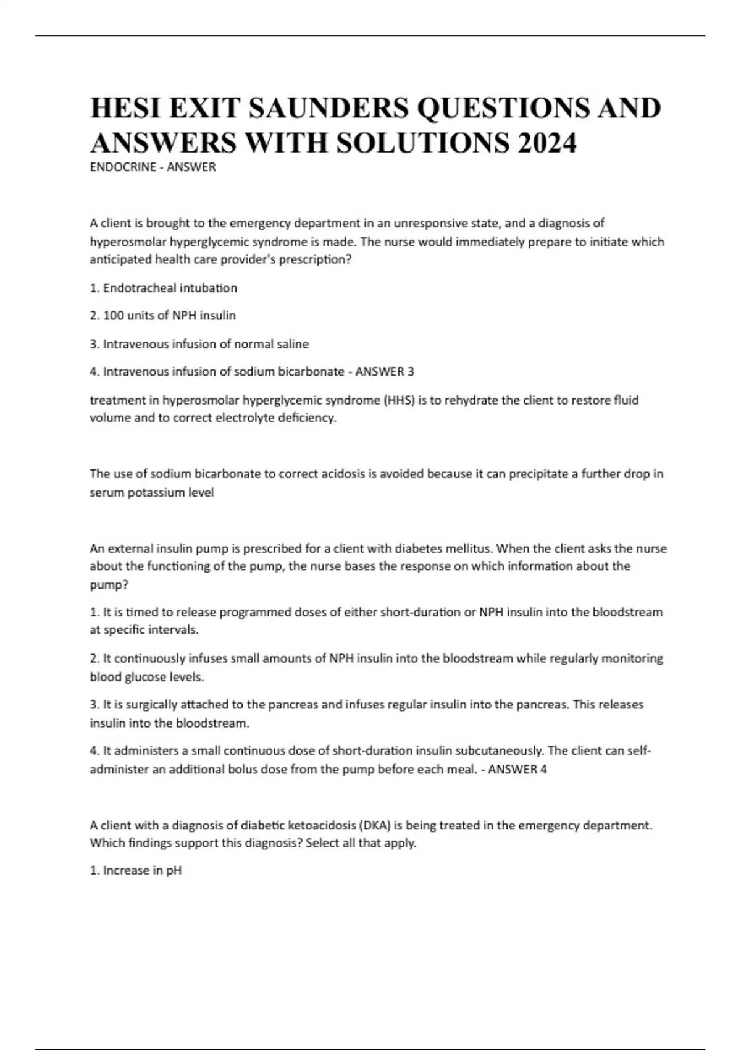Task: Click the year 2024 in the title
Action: coord(547,143)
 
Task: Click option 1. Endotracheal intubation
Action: coord(164,288)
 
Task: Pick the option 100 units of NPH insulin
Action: coord(163,316)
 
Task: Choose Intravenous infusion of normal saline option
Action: coord(199,344)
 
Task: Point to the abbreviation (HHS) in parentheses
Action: coord(400,400)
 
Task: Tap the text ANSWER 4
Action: coord(517,770)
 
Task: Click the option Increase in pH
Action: coord(136,871)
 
